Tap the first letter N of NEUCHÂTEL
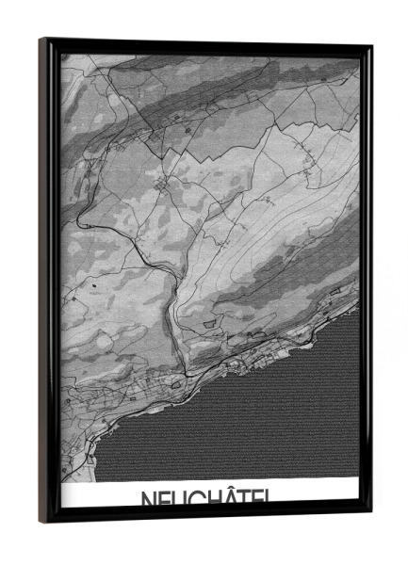tap(149, 500)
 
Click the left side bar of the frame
tap(49, 282)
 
